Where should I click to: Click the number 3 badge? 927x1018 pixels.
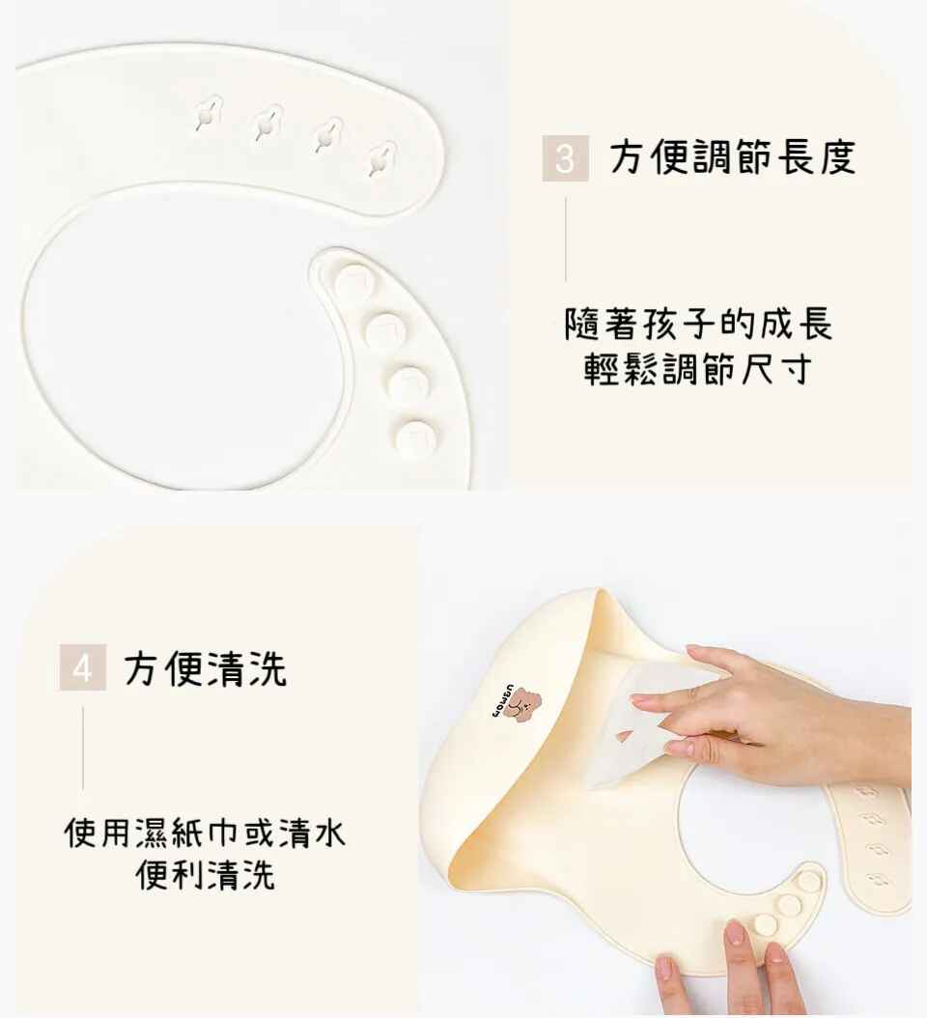pos(566,157)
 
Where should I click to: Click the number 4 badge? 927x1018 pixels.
pos(82,666)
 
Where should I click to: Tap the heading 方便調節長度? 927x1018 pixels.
pos(733,157)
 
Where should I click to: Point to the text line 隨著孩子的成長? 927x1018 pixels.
pos(698,324)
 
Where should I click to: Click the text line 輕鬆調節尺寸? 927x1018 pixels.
pos(698,369)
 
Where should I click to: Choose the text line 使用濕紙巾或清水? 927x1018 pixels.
pos(205,832)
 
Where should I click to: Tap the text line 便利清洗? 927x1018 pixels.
pos(205,874)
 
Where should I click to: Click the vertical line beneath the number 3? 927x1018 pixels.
pos(566,240)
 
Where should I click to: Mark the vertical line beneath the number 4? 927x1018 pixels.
pos(82,749)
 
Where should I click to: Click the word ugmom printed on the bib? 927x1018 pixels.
pos(500,700)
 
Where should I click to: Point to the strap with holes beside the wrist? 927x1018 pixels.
pos(870,844)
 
